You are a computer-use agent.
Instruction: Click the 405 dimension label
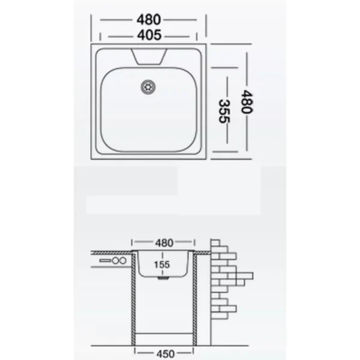[149, 35]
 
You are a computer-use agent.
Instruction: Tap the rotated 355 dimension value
[224, 111]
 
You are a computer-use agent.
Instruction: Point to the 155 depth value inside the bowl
[162, 265]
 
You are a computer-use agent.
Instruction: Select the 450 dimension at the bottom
[166, 354]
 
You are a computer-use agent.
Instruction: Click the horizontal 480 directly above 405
[149, 20]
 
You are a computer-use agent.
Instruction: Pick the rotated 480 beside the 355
[247, 102]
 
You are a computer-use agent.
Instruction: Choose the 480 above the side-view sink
[164, 243]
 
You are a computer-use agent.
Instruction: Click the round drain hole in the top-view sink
[148, 87]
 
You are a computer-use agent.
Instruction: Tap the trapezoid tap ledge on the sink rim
[149, 56]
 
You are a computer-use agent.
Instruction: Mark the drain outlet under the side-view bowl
[163, 278]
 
